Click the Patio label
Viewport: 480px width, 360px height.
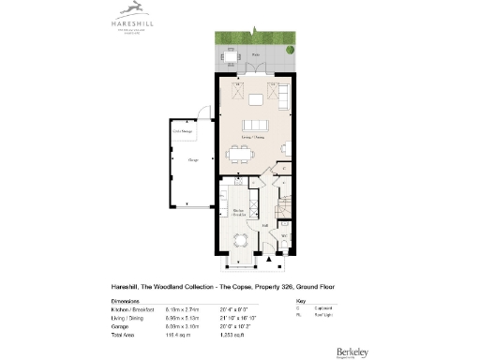tap(255, 55)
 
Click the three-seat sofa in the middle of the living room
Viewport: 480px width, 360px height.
tap(255, 127)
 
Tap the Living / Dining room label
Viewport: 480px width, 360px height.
tap(254, 139)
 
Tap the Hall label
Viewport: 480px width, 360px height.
tap(265, 225)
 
